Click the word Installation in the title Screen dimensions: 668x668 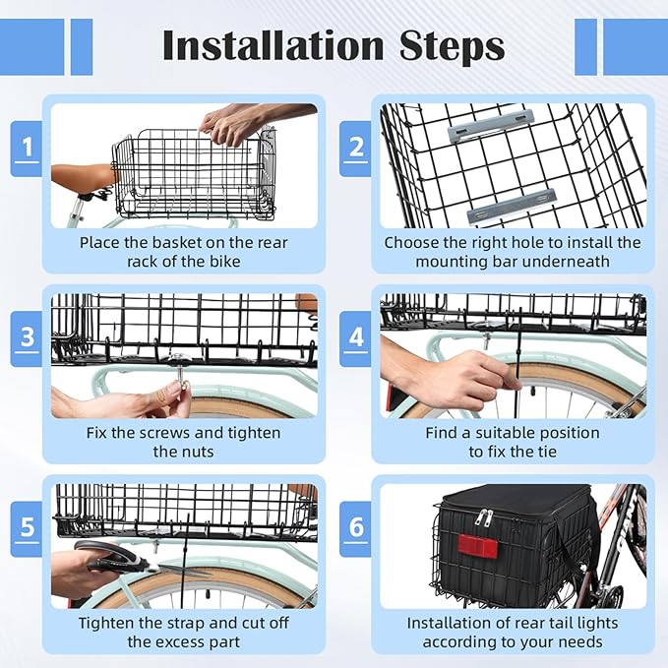point(273,45)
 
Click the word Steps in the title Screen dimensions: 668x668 point(452,47)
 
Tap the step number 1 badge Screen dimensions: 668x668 point(27,149)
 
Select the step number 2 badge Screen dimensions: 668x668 point(356,149)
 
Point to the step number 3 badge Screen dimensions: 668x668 point(27,338)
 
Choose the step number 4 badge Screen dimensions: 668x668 point(356,338)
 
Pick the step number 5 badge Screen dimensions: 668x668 point(27,528)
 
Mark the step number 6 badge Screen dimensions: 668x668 point(356,528)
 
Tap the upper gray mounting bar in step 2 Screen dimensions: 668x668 point(490,125)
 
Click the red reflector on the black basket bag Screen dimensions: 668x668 point(477,547)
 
